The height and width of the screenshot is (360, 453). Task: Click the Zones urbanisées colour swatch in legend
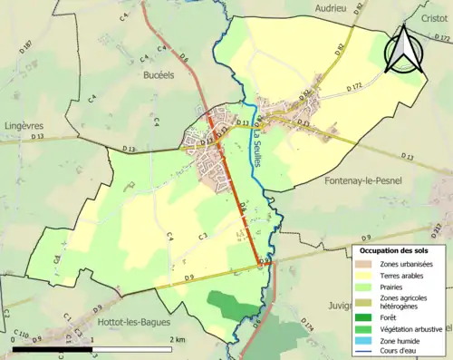pos(365,264)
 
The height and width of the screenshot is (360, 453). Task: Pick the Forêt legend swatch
pos(365,316)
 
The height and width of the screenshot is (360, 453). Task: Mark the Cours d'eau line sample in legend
pos(365,352)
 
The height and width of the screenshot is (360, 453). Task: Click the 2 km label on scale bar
pos(178,339)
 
